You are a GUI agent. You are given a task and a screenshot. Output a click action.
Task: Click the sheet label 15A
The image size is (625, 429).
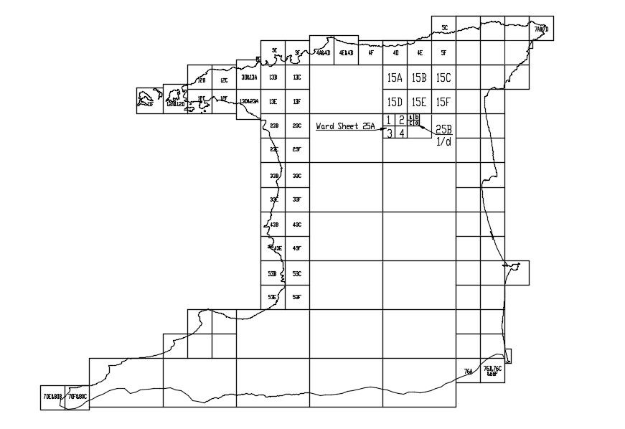tap(395, 78)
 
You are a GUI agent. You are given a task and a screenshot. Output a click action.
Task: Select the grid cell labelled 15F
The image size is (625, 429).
tap(443, 102)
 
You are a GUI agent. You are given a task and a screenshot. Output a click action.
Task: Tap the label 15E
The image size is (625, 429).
tap(419, 102)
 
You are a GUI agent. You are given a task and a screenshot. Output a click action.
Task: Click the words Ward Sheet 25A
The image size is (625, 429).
tap(346, 126)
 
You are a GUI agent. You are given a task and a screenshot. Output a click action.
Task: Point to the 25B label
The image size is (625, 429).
tap(443, 130)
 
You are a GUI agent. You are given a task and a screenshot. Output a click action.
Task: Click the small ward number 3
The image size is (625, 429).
tap(389, 133)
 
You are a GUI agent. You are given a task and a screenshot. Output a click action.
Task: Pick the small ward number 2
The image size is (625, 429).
tap(401, 120)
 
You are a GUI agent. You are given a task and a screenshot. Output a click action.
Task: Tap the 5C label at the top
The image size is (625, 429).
tap(444, 28)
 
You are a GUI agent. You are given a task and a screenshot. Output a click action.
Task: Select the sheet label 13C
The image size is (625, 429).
tap(297, 77)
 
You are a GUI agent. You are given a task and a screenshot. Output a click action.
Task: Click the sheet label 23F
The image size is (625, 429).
tap(297, 149)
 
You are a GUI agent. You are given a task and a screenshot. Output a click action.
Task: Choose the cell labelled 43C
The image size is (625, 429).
tap(297, 225)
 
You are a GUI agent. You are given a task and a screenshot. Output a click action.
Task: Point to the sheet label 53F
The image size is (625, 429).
tap(297, 297)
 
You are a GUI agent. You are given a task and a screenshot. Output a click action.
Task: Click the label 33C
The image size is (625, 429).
tap(297, 176)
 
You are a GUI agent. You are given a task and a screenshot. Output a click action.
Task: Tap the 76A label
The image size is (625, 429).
tap(468, 372)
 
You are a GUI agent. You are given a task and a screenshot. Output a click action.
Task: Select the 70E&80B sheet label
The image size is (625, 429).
tap(52, 396)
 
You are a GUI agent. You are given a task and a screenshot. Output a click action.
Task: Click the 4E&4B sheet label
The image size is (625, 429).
tap(346, 52)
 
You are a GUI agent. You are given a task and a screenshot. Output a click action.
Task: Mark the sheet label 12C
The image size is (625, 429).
tap(224, 81)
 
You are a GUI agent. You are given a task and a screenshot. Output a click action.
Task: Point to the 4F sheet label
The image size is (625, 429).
tap(370, 52)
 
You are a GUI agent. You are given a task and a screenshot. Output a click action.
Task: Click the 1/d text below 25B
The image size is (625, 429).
tap(444, 142)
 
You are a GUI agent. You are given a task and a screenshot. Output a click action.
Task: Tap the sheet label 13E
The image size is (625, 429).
tap(273, 102)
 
